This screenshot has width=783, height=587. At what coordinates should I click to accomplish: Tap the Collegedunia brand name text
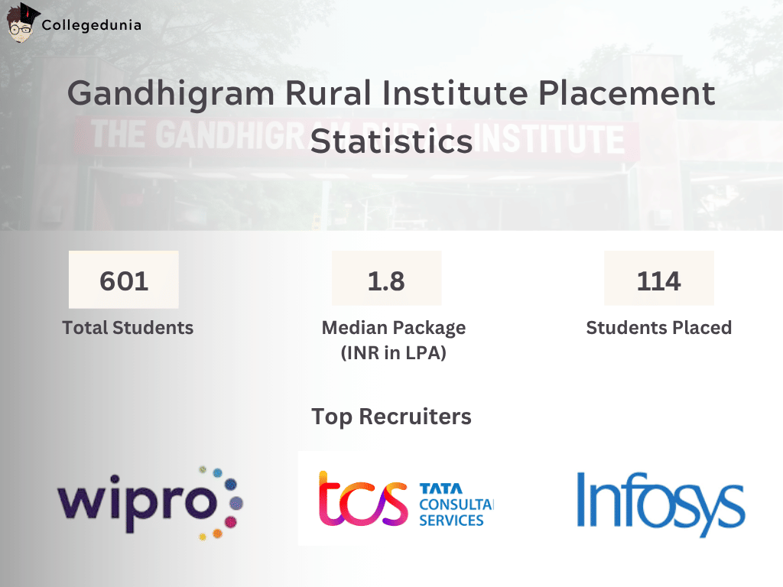pyautogui.click(x=91, y=25)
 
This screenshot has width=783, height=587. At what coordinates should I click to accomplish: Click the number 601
pyautogui.click(x=124, y=281)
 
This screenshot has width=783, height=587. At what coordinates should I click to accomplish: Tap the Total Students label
pyautogui.click(x=128, y=328)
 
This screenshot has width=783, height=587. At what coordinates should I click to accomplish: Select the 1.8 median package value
pyautogui.click(x=386, y=281)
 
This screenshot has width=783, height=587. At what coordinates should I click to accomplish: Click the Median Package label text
pyautogui.click(x=393, y=328)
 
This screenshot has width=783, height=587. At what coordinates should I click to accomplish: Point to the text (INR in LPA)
pyautogui.click(x=393, y=353)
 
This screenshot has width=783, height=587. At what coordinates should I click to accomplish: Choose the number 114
pyautogui.click(x=658, y=281)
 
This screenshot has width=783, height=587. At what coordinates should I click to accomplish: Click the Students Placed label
pyautogui.click(x=658, y=328)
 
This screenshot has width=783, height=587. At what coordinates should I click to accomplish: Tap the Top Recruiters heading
pyautogui.click(x=391, y=417)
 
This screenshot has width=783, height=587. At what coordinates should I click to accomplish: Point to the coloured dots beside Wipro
pyautogui.click(x=223, y=501)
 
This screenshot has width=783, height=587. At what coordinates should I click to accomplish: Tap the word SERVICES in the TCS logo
pyautogui.click(x=451, y=521)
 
